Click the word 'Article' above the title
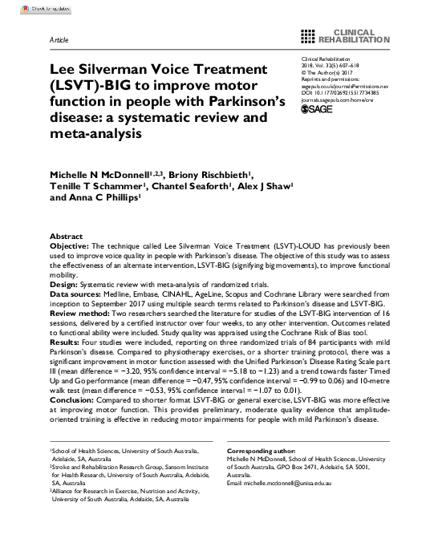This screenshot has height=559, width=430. pos(59,38)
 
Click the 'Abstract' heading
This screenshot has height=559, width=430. pos(66,237)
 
